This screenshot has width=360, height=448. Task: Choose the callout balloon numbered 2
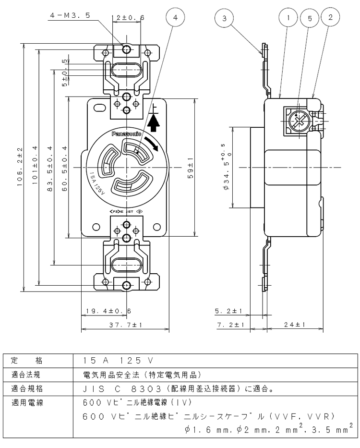pyautogui.click(x=330, y=17)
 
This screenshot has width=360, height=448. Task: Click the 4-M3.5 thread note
pyautogui.click(x=70, y=16)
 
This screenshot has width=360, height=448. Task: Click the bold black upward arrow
pyautogui.click(x=155, y=123)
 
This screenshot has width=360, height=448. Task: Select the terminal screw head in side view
pyautogui.click(x=299, y=121)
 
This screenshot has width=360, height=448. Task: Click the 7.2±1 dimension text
pyautogui.click(x=230, y=325)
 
